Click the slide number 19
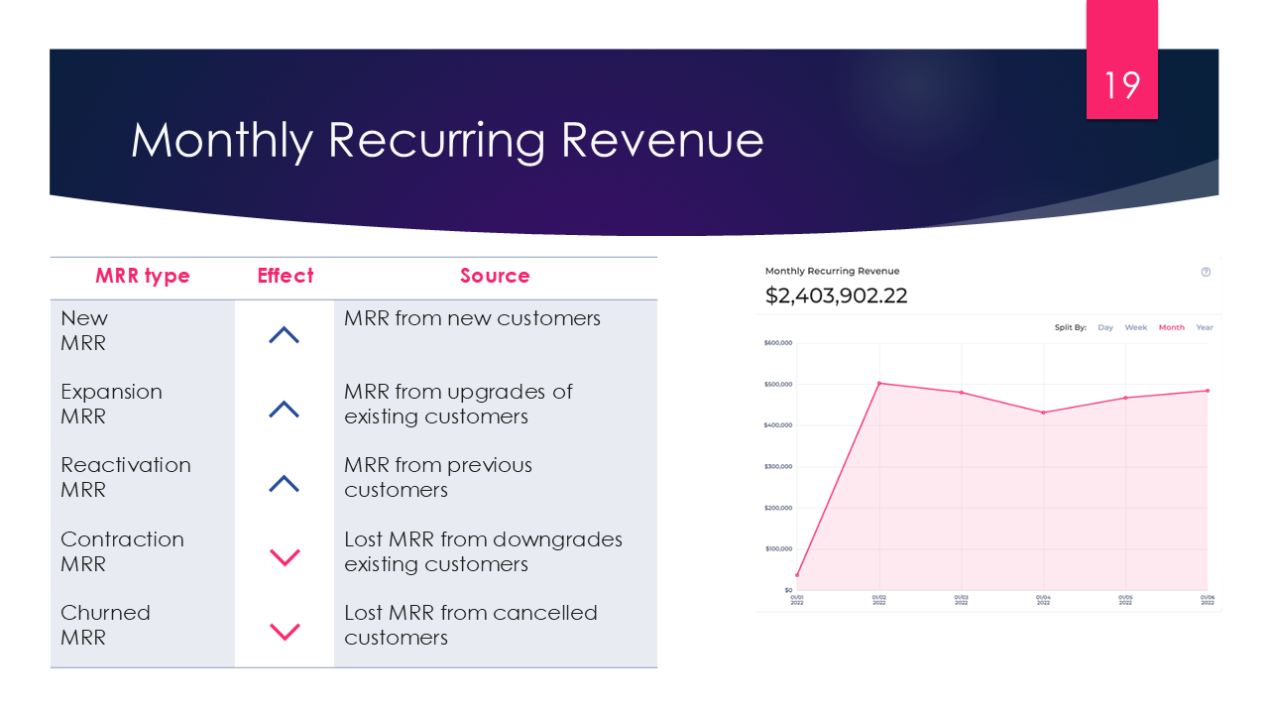point(1121,85)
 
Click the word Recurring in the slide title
point(436,140)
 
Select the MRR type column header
point(142,276)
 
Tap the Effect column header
point(285,276)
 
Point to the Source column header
point(495,276)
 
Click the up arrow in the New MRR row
point(284,335)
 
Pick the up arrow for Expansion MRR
point(284,409)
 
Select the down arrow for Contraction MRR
point(285,557)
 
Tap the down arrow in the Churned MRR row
point(285,631)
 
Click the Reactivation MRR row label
point(125,477)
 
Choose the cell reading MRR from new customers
point(472,318)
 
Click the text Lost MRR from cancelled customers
point(470,625)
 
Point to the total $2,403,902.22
point(836,296)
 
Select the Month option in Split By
point(1171,327)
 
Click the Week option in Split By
point(1135,327)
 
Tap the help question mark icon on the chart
point(1206,272)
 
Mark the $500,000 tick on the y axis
point(777,384)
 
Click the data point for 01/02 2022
point(878,383)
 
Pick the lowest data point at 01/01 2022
point(796,575)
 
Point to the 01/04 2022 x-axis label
point(1043,600)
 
